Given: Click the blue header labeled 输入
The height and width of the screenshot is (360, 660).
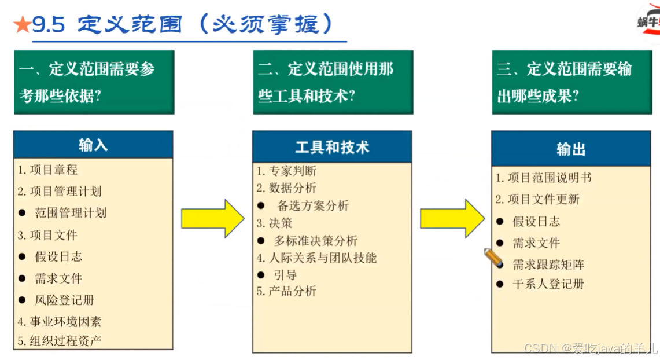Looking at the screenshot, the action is [93, 145].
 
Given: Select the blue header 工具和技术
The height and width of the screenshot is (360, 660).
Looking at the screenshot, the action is [332, 147].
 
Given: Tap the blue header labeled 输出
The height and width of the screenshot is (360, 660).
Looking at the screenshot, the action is [571, 149].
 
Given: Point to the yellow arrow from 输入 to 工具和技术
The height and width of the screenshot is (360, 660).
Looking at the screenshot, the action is [212, 218].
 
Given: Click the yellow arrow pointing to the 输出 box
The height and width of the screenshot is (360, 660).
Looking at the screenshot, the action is [452, 218].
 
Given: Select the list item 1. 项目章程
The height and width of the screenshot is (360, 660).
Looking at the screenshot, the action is [47, 170].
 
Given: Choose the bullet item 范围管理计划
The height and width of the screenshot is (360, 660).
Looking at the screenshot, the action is [71, 213].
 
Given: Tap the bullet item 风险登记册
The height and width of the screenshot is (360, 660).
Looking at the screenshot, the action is [64, 300].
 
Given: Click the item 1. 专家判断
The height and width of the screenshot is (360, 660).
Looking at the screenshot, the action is [287, 171].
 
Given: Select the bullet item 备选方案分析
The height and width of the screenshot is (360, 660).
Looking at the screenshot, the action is [313, 206].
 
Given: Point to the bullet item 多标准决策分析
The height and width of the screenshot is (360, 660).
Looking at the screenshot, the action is [315, 241].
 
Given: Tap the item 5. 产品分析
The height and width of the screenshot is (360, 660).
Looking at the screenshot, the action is [287, 291].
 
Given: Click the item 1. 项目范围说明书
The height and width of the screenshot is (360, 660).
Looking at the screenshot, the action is [543, 178].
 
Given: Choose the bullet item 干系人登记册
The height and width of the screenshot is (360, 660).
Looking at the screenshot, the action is [548, 284].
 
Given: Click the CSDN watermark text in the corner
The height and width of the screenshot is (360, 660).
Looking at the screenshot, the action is [590, 348].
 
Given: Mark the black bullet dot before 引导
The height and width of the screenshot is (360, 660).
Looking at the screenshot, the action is [261, 275].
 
